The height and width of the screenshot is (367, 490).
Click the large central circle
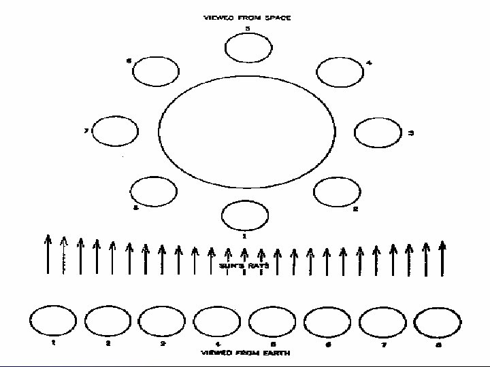247,131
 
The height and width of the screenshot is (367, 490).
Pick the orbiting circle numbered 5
247,48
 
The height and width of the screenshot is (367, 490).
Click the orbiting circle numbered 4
340,71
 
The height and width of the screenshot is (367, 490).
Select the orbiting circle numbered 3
379,132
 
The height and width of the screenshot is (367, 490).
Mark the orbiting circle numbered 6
155,71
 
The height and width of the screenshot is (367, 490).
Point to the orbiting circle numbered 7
115,131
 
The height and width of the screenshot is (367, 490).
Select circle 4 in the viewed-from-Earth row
216,321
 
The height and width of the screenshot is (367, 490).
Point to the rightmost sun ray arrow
443,256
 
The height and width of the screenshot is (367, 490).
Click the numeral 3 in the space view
410,133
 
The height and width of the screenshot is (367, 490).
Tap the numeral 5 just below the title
247,29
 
